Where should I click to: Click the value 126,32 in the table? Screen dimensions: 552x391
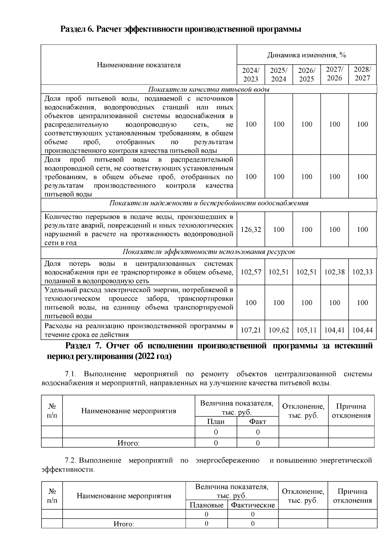click(x=251, y=230)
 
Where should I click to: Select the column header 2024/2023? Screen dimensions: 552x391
click(x=251, y=74)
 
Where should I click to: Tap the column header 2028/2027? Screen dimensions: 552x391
click(x=362, y=74)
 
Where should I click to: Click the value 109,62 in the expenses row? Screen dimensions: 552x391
click(x=279, y=330)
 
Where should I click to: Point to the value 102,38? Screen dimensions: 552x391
click(x=334, y=272)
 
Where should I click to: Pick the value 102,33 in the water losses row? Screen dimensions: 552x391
click(x=362, y=272)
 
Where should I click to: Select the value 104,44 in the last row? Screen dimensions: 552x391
click(x=362, y=330)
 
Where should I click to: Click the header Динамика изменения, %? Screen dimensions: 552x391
click(x=306, y=55)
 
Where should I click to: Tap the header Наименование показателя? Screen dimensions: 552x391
click(x=139, y=65)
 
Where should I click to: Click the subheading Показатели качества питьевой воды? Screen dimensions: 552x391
click(x=209, y=89)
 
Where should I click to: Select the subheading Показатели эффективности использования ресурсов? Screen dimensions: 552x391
click(x=209, y=252)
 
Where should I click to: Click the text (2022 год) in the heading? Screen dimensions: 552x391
click(x=152, y=357)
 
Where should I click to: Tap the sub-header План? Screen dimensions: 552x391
click(x=216, y=422)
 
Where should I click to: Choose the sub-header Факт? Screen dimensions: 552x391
click(x=257, y=422)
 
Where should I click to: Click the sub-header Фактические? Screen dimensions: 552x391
click(x=253, y=505)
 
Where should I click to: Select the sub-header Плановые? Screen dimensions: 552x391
click(x=207, y=505)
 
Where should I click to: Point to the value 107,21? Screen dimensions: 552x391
click(x=251, y=330)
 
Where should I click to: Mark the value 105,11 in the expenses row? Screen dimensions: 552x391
click(x=306, y=330)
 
